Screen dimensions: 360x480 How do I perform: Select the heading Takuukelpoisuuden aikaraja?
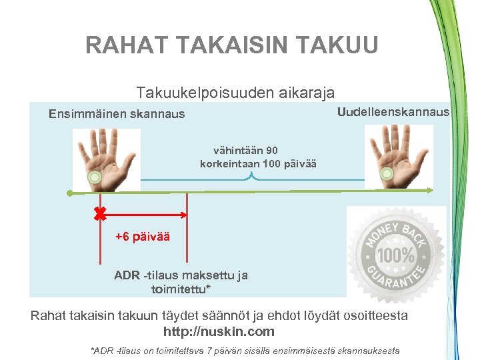(x=235, y=92)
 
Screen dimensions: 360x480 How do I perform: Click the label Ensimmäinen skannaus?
(x=117, y=114)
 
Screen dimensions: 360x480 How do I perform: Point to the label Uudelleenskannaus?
(x=393, y=111)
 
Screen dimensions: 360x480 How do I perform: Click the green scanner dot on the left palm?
(x=95, y=177)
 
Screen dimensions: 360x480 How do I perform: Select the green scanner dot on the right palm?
(x=386, y=175)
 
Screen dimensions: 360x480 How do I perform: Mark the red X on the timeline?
(x=100, y=215)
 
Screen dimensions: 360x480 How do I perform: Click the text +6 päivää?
(x=142, y=237)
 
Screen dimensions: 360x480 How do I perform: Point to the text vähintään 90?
(x=245, y=151)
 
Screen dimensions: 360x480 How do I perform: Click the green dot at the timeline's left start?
(x=70, y=193)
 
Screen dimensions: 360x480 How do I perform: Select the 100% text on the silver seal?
(x=397, y=255)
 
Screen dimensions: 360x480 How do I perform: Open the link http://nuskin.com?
(x=219, y=331)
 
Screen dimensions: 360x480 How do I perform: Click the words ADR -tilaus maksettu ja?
(x=181, y=275)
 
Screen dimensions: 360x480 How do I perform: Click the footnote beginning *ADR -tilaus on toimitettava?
(x=245, y=351)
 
